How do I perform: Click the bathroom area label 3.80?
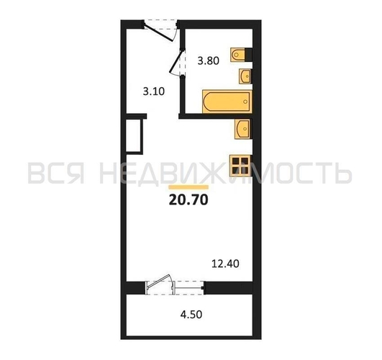(x=209, y=60)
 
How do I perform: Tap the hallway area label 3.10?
(x=154, y=91)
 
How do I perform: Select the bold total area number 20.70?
(x=188, y=199)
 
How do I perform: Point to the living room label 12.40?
(x=225, y=264)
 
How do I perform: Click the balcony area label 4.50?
(x=191, y=315)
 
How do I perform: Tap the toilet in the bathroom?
(x=238, y=55)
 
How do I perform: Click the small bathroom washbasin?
(x=245, y=76)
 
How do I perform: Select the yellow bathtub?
(x=227, y=102)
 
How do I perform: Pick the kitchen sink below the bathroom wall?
(x=242, y=129)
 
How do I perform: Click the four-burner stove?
(x=240, y=166)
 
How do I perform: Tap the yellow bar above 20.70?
(x=188, y=187)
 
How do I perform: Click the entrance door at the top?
(x=160, y=32)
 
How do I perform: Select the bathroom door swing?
(x=176, y=62)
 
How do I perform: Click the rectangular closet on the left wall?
(x=135, y=136)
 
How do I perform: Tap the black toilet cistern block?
(x=248, y=55)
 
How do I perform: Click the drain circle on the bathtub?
(x=245, y=102)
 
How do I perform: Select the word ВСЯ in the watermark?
(x=56, y=173)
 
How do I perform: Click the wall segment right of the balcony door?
(x=229, y=288)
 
